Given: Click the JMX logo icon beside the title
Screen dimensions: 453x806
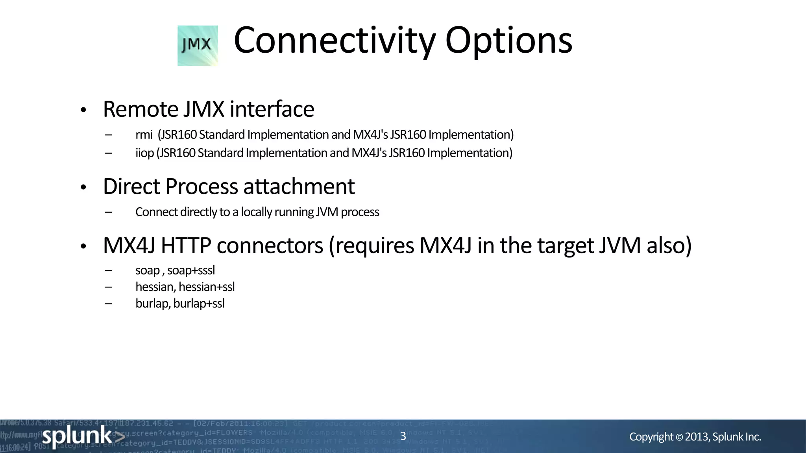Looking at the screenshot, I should [198, 46].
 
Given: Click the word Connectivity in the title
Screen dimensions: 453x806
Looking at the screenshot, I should [335, 41].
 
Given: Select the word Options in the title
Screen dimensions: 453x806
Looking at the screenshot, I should [508, 41].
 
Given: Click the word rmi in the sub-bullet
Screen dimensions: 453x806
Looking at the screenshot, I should [144, 135].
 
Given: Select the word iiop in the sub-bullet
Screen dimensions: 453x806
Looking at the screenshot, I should [144, 153].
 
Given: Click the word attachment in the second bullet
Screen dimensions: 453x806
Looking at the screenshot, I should [299, 186].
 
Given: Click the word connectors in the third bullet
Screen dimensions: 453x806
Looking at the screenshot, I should [270, 245].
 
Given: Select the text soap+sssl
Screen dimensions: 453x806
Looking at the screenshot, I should [191, 271].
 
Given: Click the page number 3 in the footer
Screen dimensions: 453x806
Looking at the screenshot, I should [403, 436].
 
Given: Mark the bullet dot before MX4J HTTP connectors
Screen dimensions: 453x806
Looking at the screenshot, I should [83, 247].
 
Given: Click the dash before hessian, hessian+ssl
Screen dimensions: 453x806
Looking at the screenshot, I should [109, 287].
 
